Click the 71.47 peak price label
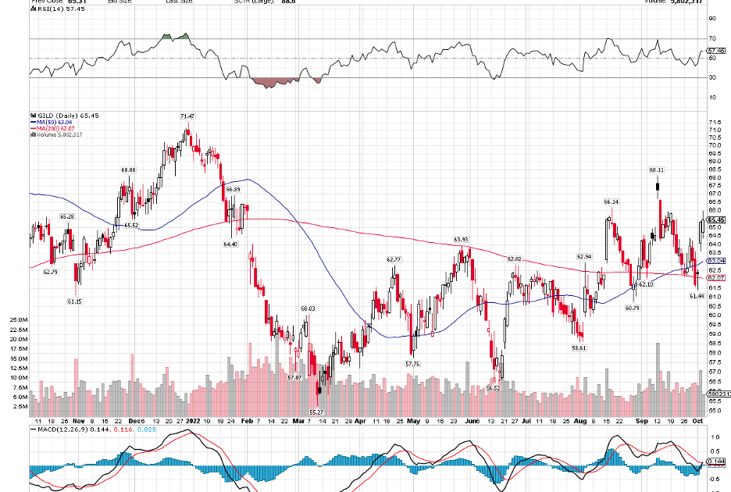(x=187, y=116)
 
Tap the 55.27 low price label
(x=316, y=412)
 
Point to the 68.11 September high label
(x=656, y=169)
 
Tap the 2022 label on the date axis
(x=193, y=420)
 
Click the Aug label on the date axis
(x=579, y=420)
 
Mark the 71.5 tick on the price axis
(x=714, y=123)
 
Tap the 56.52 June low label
(x=493, y=387)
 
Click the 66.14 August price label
(x=612, y=202)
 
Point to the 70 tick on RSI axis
(x=712, y=37)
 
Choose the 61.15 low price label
(x=74, y=300)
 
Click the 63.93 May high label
(x=461, y=240)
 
